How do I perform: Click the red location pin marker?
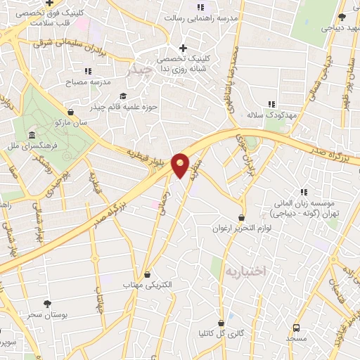pos(181,165)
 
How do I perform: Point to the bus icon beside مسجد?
pos(296,328)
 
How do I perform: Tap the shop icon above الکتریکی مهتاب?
pos(147,274)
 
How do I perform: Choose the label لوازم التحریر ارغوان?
pos(241,229)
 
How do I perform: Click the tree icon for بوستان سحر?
pos(47,303)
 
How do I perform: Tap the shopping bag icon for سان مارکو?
pos(70,111)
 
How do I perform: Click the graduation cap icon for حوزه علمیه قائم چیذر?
pos(123,96)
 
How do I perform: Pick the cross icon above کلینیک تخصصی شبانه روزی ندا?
pos(184,49)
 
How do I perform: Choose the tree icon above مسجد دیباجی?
pos(342,17)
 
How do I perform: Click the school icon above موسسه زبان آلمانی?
pos(304,191)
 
